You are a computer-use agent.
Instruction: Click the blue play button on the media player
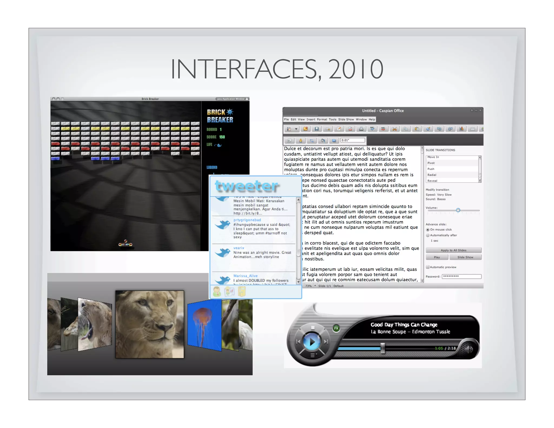click(x=312, y=342)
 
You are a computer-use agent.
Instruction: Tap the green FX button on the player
click(x=336, y=328)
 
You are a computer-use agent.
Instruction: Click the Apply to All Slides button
click(x=453, y=250)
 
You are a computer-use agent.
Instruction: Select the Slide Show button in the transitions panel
click(x=465, y=257)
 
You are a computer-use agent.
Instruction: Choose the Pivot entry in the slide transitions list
click(x=431, y=163)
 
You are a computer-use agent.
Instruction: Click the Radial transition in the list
click(x=432, y=175)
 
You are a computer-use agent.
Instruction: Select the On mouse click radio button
click(x=428, y=230)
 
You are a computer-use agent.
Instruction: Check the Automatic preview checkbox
click(x=428, y=267)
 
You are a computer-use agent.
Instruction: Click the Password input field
click(x=461, y=276)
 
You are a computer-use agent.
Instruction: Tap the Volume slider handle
click(x=458, y=210)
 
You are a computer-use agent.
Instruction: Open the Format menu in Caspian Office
click(x=322, y=119)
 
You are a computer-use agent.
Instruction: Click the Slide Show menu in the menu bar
click(x=346, y=119)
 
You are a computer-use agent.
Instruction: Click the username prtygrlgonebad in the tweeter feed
click(x=247, y=220)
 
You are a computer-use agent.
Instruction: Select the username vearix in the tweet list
click(x=239, y=248)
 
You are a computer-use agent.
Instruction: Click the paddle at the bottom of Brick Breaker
click(x=125, y=245)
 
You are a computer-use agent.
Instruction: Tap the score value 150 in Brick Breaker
click(x=222, y=137)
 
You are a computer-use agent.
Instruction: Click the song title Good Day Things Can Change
click(x=404, y=325)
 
